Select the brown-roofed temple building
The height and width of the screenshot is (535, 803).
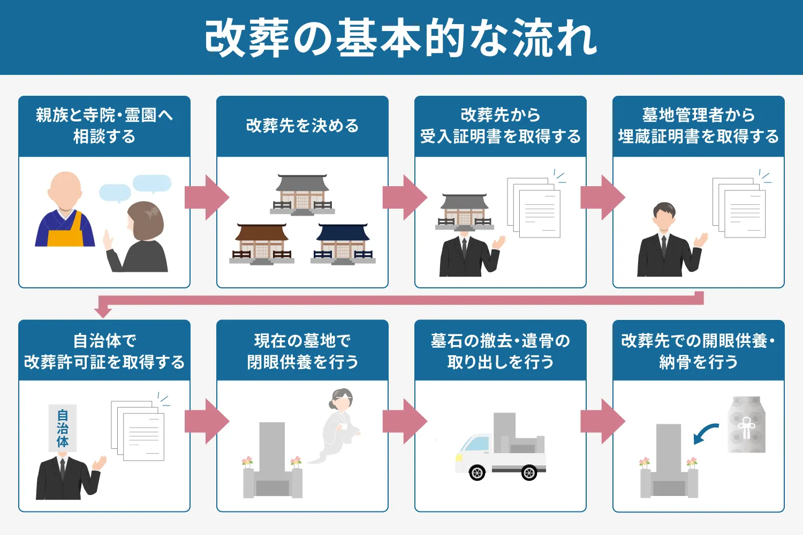click(262, 243)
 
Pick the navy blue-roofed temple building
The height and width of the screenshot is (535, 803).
click(343, 243)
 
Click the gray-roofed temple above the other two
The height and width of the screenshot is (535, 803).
click(302, 194)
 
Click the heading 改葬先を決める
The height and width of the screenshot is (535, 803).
click(302, 126)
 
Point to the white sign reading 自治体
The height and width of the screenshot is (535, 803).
click(63, 428)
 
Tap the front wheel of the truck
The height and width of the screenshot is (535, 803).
click(476, 472)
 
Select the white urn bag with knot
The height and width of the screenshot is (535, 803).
click(747, 425)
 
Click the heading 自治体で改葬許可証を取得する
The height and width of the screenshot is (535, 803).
click(104, 351)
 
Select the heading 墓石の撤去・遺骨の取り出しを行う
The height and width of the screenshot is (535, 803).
click(501, 351)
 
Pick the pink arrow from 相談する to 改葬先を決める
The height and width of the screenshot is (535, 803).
click(206, 197)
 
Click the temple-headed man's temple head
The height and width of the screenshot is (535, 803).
click(464, 211)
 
